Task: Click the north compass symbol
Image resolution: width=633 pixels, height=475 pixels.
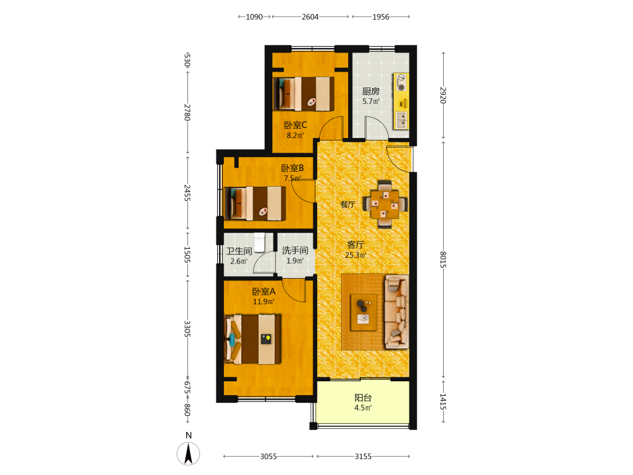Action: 188,453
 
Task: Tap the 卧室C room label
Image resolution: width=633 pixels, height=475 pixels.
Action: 296,125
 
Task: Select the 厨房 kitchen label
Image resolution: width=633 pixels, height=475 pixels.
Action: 370,91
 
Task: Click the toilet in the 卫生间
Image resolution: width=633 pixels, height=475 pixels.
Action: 260,243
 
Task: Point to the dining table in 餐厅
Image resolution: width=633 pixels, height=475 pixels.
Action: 385,205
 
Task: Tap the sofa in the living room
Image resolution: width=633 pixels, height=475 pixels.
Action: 396,312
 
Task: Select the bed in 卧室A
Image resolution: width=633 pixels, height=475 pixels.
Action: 253,339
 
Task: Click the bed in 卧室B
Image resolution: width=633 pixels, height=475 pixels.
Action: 255,203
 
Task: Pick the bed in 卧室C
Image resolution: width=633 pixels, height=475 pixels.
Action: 304,94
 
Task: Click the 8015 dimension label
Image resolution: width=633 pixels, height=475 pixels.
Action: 443,259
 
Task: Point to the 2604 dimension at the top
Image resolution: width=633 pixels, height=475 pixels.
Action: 310,17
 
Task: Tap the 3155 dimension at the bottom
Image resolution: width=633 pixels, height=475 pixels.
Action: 363,457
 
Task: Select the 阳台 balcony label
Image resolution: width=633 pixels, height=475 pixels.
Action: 363,398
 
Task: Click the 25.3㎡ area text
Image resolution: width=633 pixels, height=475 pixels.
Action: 356,255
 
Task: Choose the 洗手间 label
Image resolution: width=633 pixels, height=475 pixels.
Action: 295,250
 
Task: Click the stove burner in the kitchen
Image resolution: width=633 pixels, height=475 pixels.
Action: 401,87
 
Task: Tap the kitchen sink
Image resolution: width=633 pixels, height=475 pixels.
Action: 402,120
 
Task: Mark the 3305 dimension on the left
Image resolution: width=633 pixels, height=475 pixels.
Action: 187,329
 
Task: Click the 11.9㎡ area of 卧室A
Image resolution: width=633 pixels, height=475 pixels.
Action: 263,301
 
